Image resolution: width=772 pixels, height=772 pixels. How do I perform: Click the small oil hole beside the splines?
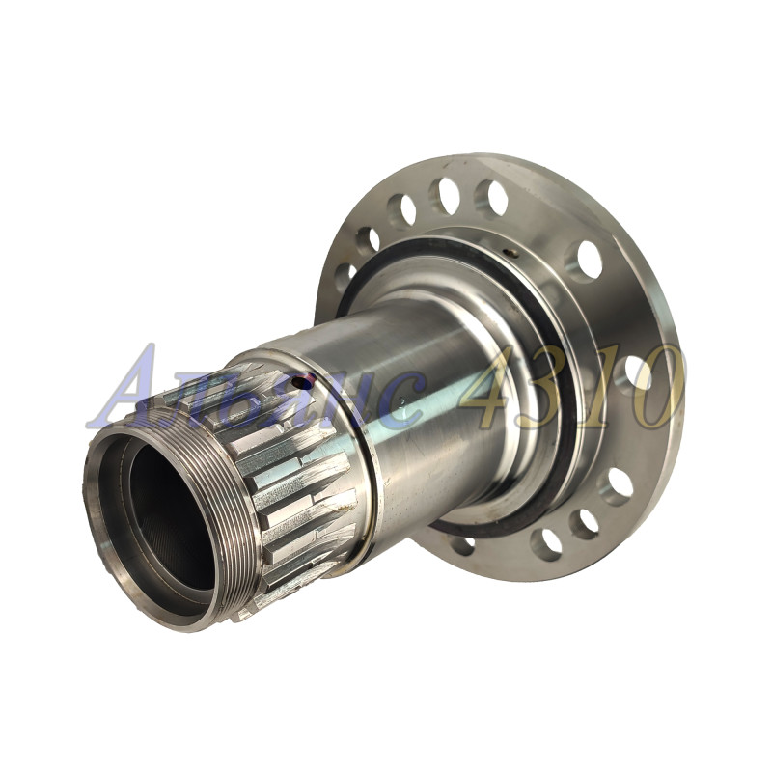point(298,381)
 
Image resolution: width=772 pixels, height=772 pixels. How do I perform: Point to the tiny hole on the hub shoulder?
point(513,254)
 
